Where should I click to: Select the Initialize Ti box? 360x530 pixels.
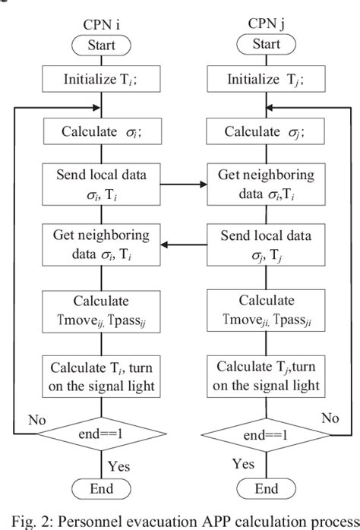103,77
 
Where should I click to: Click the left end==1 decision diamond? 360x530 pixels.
103,436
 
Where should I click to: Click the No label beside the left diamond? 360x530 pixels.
36,418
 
